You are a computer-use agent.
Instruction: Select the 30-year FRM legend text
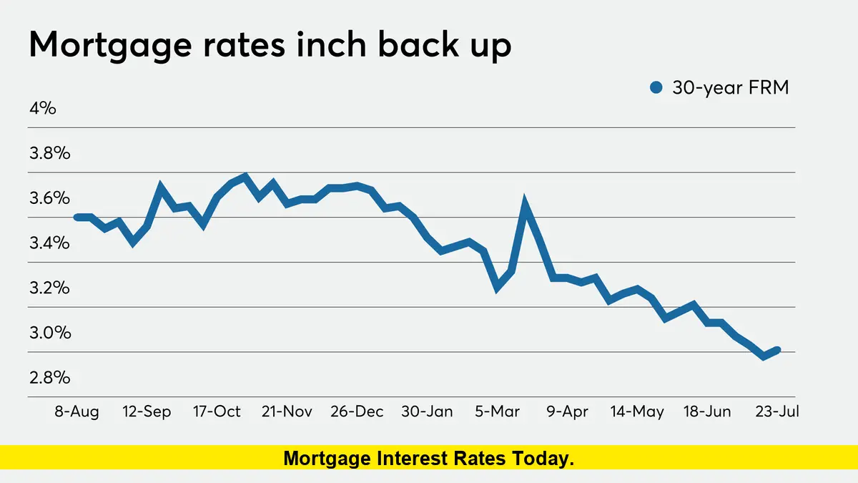(730, 88)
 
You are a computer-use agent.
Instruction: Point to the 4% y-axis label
(42, 109)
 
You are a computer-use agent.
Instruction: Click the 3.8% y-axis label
(49, 153)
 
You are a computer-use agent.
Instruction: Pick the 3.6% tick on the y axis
(49, 198)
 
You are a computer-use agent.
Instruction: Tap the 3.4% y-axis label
(49, 243)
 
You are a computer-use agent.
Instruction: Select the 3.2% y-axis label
(49, 288)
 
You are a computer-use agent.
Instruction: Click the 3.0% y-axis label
(49, 333)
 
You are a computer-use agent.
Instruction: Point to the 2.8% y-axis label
(49, 378)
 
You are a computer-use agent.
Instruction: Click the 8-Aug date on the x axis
(77, 412)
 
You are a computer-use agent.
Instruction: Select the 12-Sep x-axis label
(147, 412)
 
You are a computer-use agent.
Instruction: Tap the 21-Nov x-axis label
(287, 412)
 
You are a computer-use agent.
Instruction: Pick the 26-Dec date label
(357, 412)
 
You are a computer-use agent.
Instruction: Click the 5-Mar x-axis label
(498, 412)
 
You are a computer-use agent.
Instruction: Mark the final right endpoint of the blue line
(776, 350)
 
